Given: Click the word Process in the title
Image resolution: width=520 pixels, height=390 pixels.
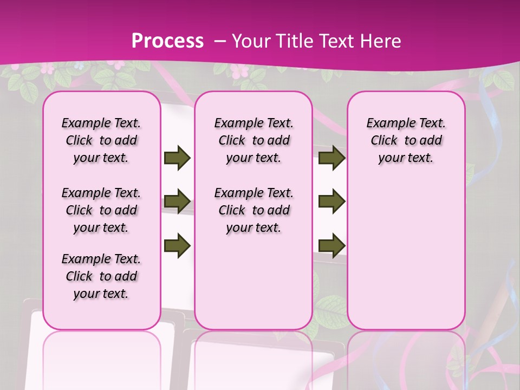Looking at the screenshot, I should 168,41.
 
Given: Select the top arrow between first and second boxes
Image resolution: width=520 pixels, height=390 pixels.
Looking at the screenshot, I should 177,158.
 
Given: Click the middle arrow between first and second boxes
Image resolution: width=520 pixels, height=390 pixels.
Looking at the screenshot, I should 177,202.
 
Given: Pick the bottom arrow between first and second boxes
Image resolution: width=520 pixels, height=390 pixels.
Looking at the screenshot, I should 177,245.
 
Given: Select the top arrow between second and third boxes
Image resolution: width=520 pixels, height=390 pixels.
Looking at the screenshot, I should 331,158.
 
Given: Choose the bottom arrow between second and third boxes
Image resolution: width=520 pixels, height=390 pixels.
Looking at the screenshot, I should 331,245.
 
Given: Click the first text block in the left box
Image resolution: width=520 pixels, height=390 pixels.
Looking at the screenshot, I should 101,140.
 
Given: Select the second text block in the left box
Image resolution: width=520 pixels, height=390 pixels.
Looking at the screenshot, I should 101,210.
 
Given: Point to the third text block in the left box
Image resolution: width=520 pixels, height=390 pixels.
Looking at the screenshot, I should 101,276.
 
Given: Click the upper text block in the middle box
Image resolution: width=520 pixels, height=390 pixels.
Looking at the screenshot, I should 253,140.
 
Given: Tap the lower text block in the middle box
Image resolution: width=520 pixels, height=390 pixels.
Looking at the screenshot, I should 253,210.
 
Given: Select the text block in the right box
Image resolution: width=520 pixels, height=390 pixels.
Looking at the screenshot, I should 406,140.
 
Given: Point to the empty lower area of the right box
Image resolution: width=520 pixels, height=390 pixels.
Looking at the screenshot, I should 406,255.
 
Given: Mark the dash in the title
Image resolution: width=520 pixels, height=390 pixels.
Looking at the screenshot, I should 219,42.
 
